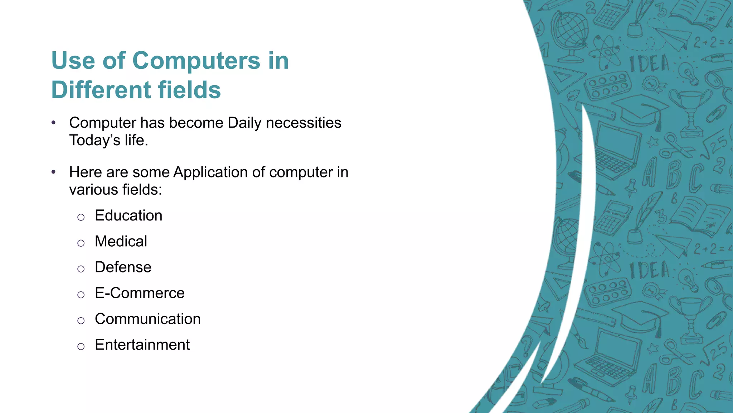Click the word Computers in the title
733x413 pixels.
pos(196,61)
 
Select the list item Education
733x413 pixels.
pos(128,215)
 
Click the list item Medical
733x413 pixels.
pos(121,241)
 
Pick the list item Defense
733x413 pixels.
pos(123,267)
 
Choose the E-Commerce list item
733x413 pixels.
pos(140,293)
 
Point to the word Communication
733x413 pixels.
pos(147,319)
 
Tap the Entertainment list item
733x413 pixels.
pos(142,345)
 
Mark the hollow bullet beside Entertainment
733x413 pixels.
pos(81,346)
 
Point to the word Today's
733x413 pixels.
pos(94,140)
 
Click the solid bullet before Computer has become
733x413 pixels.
pos(53,123)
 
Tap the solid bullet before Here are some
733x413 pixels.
pos(53,172)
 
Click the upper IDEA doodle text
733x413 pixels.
pos(649,64)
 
